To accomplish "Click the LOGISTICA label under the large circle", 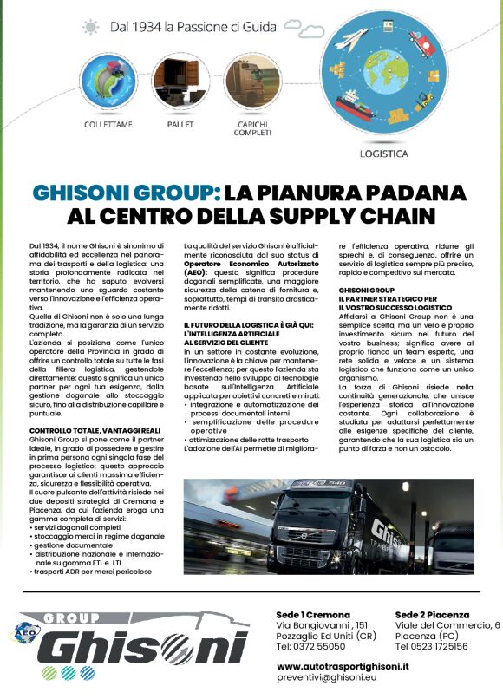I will coord(383,154).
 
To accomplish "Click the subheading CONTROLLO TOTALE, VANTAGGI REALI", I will coord(93,431).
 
